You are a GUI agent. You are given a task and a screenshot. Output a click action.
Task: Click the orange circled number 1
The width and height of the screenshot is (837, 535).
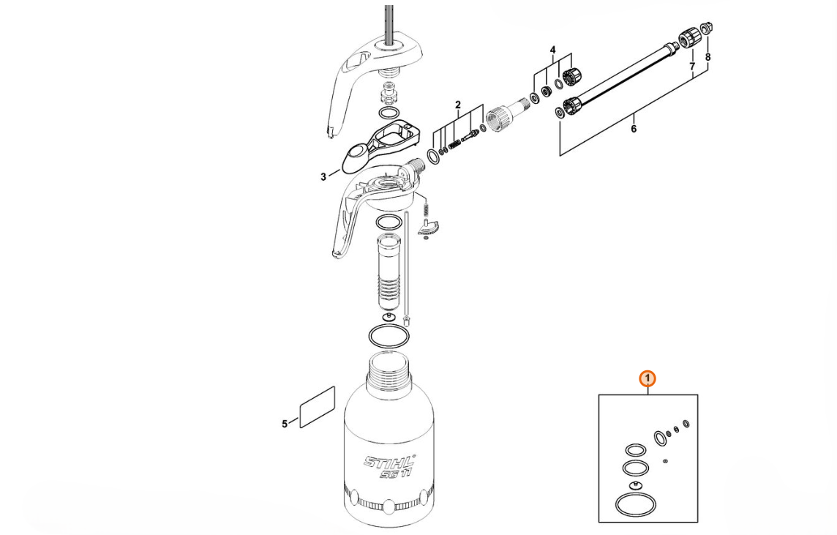[x=648, y=379]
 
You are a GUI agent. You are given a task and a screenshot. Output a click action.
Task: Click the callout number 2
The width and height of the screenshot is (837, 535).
[x=457, y=105]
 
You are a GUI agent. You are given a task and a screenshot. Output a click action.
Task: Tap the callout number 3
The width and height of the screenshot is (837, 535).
[x=323, y=176]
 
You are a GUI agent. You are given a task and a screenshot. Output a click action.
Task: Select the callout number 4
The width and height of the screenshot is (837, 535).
[x=553, y=50]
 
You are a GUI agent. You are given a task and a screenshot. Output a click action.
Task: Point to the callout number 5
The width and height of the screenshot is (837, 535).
[x=285, y=424]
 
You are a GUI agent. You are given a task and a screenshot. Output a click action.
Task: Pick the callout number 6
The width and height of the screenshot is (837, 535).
[x=634, y=130]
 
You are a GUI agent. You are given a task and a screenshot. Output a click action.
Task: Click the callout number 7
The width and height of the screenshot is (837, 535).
[x=692, y=66]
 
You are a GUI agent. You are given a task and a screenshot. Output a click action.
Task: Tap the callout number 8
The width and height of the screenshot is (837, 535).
[x=707, y=56]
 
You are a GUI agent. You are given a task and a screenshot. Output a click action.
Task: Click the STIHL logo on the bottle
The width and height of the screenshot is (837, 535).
[x=390, y=461]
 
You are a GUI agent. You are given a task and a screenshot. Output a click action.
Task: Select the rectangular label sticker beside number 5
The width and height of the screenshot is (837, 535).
[x=318, y=407]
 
